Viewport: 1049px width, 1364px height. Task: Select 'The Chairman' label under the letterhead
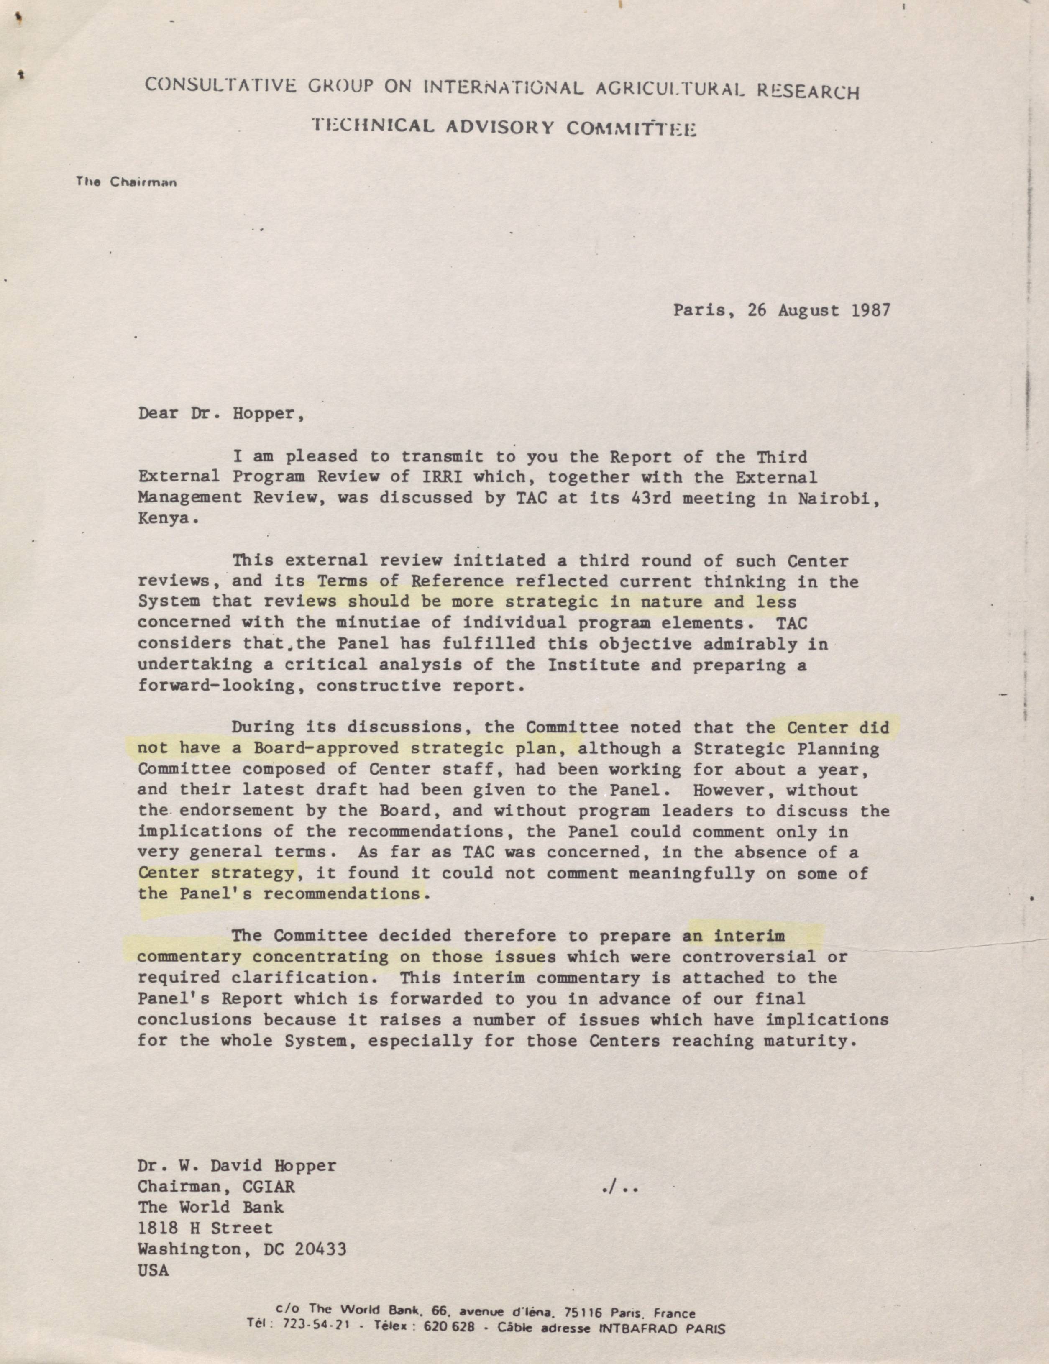tap(126, 182)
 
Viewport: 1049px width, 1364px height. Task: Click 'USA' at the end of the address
tap(154, 1270)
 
